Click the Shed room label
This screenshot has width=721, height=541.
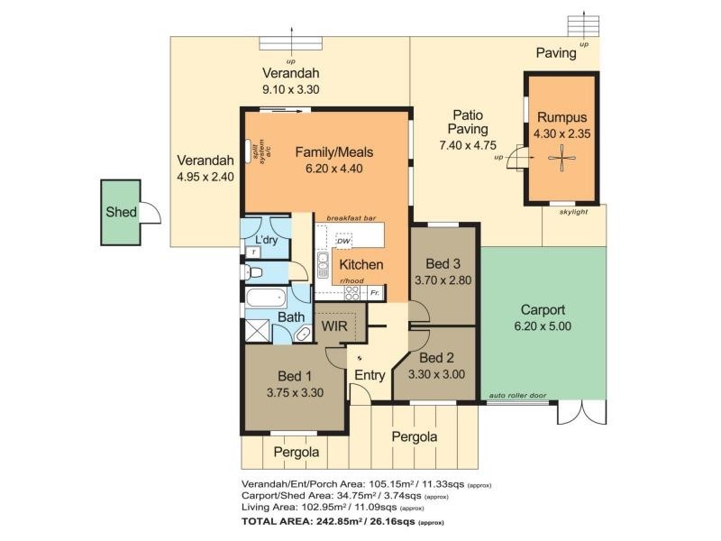click(121, 212)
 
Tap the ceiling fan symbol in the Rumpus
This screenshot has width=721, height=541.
click(561, 159)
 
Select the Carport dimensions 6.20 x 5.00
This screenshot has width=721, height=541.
click(543, 326)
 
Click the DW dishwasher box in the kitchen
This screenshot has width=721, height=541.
click(343, 241)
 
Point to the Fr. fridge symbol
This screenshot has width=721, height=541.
click(375, 292)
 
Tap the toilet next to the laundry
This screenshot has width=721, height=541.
click(252, 272)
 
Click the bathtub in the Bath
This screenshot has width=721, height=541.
click(266, 298)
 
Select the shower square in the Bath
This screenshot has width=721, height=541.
click(257, 331)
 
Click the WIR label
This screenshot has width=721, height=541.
click(334, 326)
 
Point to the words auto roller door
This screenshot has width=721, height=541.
click(517, 395)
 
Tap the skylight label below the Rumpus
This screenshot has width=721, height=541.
click(573, 212)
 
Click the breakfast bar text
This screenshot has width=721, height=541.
click(351, 218)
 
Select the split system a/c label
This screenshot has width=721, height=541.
click(262, 150)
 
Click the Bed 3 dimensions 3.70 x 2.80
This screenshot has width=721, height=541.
click(443, 280)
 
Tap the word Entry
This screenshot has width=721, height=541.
click(370, 375)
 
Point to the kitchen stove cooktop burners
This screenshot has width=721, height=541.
click(352, 293)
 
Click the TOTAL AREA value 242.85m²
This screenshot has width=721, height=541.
click(341, 522)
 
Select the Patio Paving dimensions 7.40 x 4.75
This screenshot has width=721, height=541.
click(468, 145)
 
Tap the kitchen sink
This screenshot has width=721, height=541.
click(323, 266)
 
